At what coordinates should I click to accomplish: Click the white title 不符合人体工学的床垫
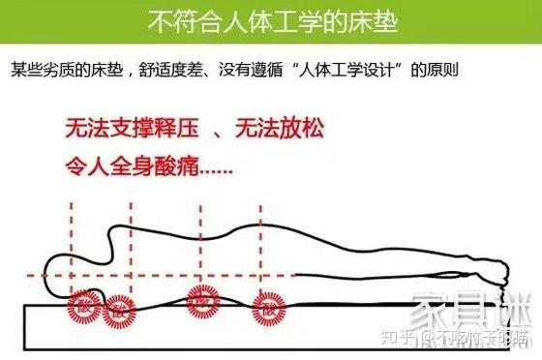tap(270, 20)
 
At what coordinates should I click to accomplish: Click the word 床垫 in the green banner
tap(373, 20)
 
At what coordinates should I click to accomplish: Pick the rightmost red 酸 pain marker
tap(266, 310)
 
